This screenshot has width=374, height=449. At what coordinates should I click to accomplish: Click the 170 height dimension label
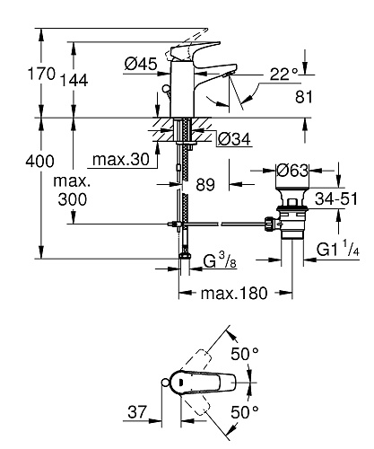[41, 74]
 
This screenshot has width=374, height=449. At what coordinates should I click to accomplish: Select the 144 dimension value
[74, 80]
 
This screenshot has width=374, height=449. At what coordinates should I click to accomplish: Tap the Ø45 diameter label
[141, 64]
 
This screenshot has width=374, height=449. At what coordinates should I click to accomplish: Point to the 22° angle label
[284, 74]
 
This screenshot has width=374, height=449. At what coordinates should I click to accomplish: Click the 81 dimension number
[304, 97]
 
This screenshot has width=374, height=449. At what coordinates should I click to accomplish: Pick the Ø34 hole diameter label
[234, 139]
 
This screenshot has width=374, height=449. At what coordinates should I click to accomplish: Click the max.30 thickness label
[121, 159]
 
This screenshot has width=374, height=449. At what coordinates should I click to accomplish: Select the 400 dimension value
[39, 162]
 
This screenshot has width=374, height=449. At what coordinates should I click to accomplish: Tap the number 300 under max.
[73, 199]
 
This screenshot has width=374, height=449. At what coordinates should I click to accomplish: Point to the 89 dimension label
[205, 184]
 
